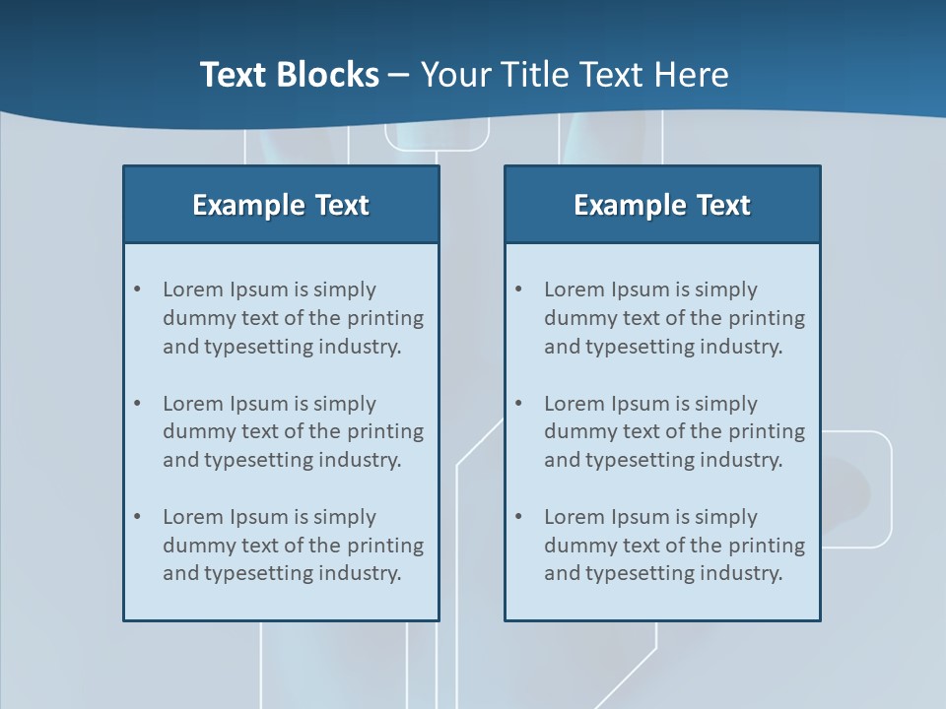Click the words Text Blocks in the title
click(x=289, y=75)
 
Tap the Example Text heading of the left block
click(x=281, y=205)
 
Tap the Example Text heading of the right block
click(x=662, y=205)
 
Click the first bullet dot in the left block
click(x=138, y=290)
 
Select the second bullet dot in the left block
click(x=138, y=404)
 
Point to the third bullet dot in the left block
click(x=138, y=517)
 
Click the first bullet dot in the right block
click(x=519, y=290)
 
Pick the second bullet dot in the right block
click(x=519, y=404)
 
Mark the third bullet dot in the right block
click(x=519, y=517)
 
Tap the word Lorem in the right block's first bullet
click(x=574, y=290)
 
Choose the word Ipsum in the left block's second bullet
click(x=258, y=404)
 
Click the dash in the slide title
click(x=399, y=75)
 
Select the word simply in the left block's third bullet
click(x=345, y=517)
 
